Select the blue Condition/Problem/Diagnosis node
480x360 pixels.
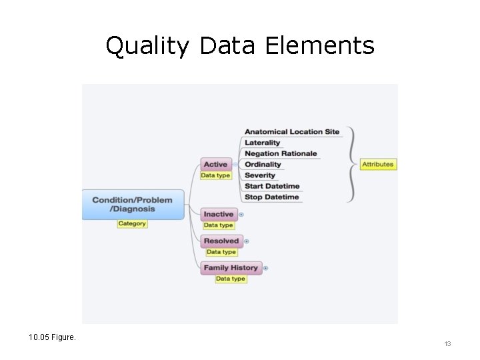point(133,204)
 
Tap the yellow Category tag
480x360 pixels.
point(132,223)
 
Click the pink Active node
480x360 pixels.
point(215,164)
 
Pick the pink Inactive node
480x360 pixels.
point(219,214)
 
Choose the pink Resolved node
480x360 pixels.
point(221,241)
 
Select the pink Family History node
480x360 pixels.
point(231,267)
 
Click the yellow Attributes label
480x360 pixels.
point(378,164)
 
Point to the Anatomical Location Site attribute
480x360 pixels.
point(292,131)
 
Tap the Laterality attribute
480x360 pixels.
point(263,143)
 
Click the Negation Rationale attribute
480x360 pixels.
point(281,153)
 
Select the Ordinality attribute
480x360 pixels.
point(263,164)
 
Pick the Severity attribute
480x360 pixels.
point(260,175)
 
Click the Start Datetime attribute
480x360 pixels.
point(272,186)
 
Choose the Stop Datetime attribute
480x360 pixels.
point(272,197)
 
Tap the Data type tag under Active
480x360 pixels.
point(215,175)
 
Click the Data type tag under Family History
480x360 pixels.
point(230,279)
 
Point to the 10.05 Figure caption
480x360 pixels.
point(53,337)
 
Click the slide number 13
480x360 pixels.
point(447,343)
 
